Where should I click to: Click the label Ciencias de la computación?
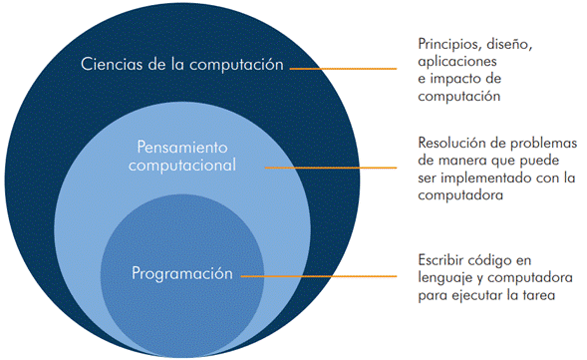click(x=182, y=65)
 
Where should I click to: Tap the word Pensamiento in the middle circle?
click(x=182, y=148)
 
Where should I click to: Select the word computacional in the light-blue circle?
click(x=182, y=166)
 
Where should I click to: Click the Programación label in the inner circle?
click(x=182, y=273)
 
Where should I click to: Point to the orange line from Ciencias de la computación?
click(x=343, y=69)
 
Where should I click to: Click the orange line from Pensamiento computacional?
click(x=331, y=168)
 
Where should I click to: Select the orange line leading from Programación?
click(x=319, y=276)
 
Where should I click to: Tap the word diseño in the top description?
click(x=509, y=45)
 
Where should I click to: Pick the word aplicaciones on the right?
click(x=457, y=62)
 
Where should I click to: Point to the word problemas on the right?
click(x=544, y=143)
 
